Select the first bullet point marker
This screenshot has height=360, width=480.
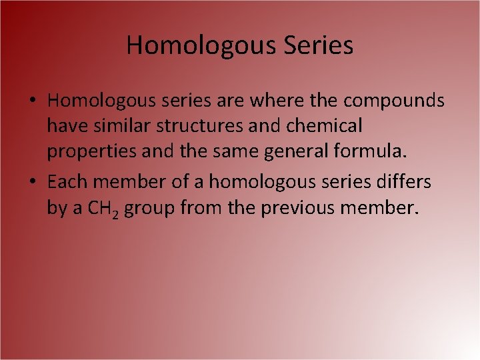33,101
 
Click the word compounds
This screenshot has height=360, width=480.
394,100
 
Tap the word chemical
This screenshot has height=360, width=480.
324,125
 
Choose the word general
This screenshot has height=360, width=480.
297,152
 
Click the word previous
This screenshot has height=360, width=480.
300,208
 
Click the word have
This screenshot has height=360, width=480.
65,125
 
